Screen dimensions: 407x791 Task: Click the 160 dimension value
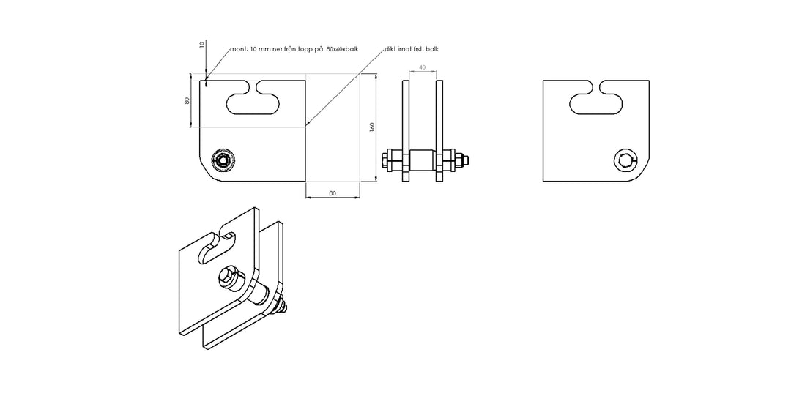(372, 127)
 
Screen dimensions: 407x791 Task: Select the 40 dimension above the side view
(422, 67)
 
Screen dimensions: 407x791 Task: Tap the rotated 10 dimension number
(202, 45)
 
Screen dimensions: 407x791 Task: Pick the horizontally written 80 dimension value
(332, 193)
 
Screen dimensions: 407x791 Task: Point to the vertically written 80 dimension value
(187, 101)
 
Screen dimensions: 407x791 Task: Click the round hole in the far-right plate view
(625, 160)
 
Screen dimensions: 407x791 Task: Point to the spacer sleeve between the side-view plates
(421, 160)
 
